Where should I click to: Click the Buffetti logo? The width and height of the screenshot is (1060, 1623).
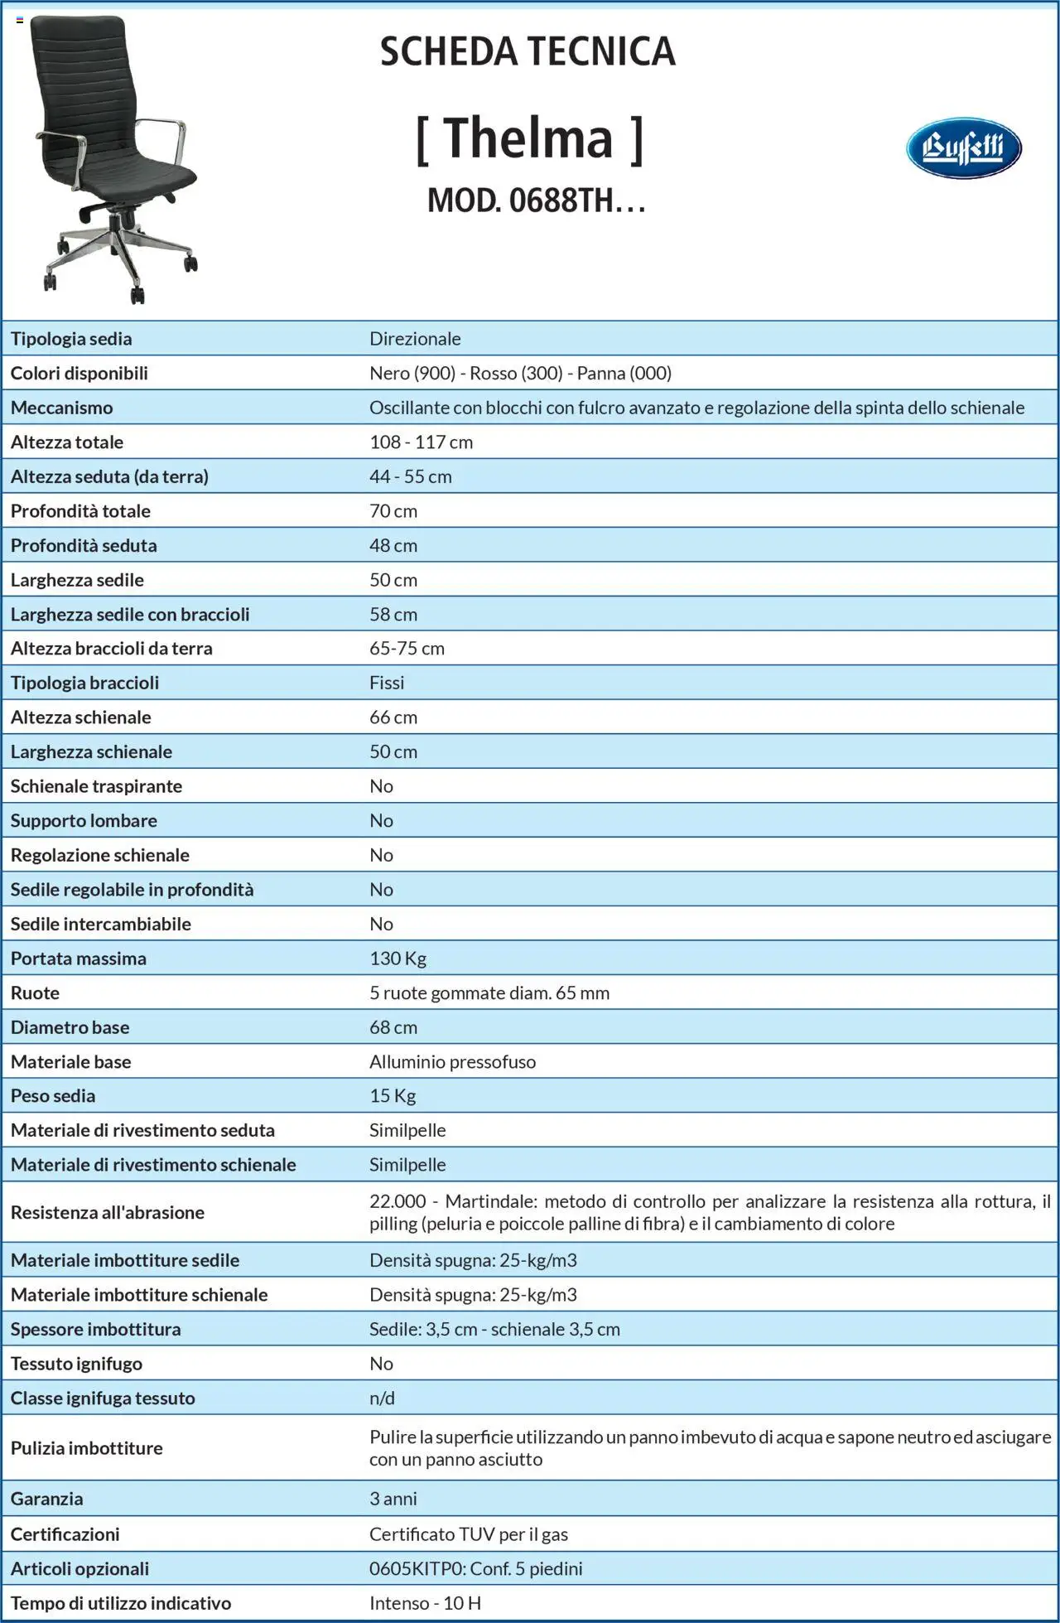pyautogui.click(x=963, y=147)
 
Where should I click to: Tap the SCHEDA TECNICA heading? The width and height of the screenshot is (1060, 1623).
pyautogui.click(x=528, y=51)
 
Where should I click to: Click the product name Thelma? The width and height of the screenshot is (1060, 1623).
pyautogui.click(x=529, y=138)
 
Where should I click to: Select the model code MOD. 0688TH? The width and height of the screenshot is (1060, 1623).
pyautogui.click(x=535, y=200)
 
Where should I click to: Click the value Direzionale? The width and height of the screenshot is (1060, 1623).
pyautogui.click(x=415, y=339)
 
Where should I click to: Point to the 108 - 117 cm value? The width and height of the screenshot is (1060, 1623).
pyautogui.click(x=421, y=442)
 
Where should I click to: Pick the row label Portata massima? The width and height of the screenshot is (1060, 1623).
pyautogui.click(x=78, y=959)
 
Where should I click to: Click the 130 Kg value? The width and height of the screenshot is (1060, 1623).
pyautogui.click(x=397, y=959)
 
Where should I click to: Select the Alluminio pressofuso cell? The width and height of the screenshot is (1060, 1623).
pyautogui.click(x=452, y=1062)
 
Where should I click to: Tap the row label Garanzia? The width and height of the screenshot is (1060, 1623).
pyautogui.click(x=46, y=1499)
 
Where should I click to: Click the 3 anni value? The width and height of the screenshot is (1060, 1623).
pyautogui.click(x=393, y=1499)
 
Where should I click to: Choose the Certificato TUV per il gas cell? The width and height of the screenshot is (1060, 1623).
pyautogui.click(x=468, y=1534)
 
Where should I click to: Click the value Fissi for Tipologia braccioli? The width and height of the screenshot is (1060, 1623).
pyautogui.click(x=387, y=683)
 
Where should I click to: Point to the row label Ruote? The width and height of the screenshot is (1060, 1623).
pyautogui.click(x=35, y=993)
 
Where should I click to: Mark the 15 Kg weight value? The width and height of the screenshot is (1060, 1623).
pyautogui.click(x=393, y=1096)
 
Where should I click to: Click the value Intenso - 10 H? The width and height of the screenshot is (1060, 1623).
pyautogui.click(x=425, y=1603)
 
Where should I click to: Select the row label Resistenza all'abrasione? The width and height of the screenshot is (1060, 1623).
pyautogui.click(x=107, y=1213)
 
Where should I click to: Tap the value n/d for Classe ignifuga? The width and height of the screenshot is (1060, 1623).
pyautogui.click(x=382, y=1398)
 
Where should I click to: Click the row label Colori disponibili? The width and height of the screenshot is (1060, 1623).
pyautogui.click(x=79, y=374)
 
